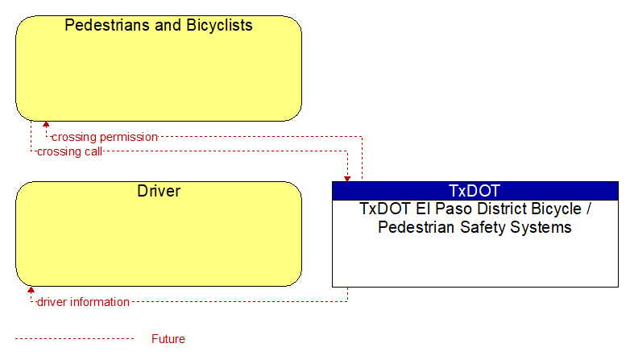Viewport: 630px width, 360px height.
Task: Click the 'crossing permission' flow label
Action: [105, 138]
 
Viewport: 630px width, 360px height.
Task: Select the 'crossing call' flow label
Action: [69, 152]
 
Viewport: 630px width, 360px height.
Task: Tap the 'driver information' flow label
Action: [83, 302]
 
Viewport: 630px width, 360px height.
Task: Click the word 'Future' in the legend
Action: [168, 339]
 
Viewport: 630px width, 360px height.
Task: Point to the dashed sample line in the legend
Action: [74, 339]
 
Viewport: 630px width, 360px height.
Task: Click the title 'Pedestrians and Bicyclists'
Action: [159, 25]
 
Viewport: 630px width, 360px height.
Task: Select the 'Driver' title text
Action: [159, 191]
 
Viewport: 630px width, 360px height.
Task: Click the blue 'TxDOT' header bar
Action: [475, 191]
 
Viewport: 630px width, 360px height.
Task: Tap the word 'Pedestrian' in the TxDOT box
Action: [417, 227]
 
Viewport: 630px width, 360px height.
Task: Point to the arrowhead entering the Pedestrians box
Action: [46, 125]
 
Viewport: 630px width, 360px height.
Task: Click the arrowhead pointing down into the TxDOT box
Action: [347, 179]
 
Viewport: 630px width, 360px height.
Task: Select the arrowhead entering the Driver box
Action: [31, 290]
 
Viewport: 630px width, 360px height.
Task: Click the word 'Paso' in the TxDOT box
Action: [454, 209]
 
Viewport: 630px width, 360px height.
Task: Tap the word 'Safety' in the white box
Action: [483, 227]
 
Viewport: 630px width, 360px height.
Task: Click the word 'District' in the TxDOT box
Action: [502, 209]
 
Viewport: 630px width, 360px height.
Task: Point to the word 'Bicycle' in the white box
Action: [557, 209]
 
